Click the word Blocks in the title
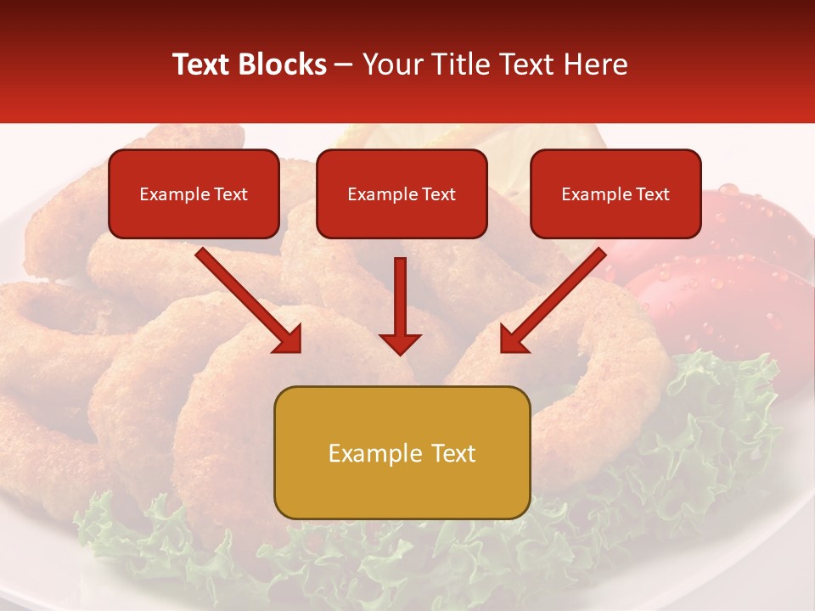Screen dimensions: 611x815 (283, 64)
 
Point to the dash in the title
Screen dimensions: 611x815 (344, 65)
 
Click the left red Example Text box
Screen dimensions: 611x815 (194, 193)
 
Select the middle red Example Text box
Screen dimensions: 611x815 (402, 193)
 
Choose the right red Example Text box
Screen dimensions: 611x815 (615, 193)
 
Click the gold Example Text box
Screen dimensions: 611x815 (402, 452)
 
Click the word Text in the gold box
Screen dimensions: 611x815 (449, 453)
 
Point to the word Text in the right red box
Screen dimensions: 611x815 (652, 194)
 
